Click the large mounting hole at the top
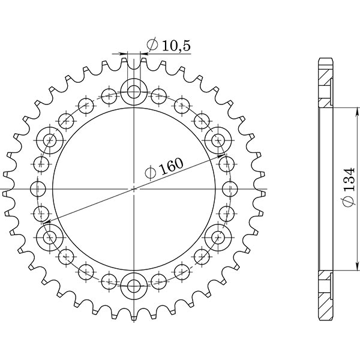pos(134,92)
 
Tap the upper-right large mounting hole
pos(217,140)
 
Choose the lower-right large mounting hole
pos(217,236)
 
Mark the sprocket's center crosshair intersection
pos(134,188)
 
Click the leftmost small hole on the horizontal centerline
pos(40,188)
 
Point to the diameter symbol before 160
pos(151,174)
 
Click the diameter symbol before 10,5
pos(152,45)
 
